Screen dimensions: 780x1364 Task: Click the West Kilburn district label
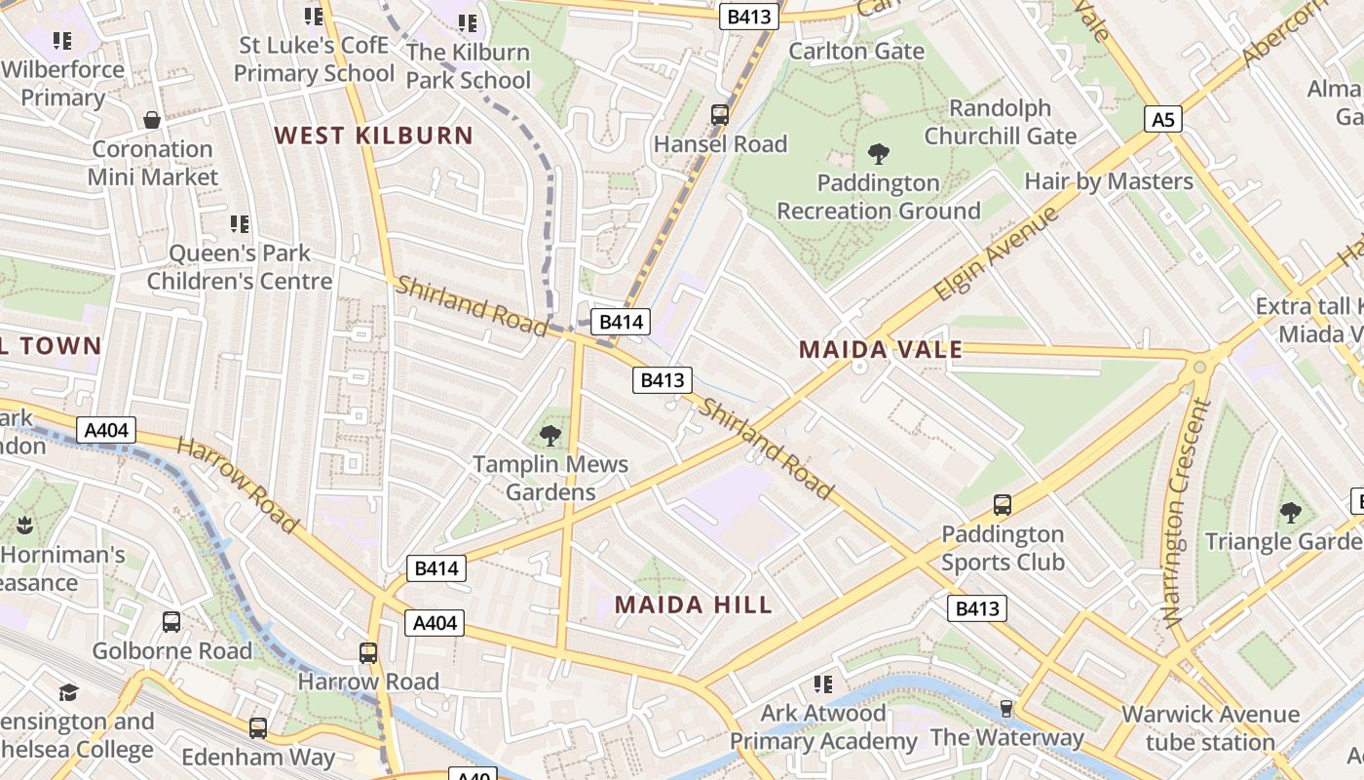[373, 136]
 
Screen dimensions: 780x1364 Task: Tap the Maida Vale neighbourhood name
[881, 349]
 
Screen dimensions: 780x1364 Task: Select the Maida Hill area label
[693, 604]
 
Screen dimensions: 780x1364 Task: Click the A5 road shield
[1163, 120]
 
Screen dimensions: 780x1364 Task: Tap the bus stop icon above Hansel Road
[720, 114]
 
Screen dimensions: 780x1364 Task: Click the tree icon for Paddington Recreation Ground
[878, 153]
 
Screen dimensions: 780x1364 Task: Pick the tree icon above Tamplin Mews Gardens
[550, 435]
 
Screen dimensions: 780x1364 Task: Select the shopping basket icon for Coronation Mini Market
[152, 120]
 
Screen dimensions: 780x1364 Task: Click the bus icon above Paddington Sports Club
[1002, 505]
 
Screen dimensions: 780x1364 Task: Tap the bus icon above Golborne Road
[171, 621]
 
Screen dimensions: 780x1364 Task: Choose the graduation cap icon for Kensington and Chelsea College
[68, 692]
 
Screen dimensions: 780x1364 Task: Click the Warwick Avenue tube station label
[1210, 728]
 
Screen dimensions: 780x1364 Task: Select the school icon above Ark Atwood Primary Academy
[823, 684]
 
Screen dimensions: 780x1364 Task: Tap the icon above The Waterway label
[1006, 708]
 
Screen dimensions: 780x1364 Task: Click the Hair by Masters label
[1108, 181]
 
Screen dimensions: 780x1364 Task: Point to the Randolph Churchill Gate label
[1000, 122]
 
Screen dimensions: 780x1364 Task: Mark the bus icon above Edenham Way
[257, 727]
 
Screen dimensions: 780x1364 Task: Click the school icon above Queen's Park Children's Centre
[240, 224]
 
